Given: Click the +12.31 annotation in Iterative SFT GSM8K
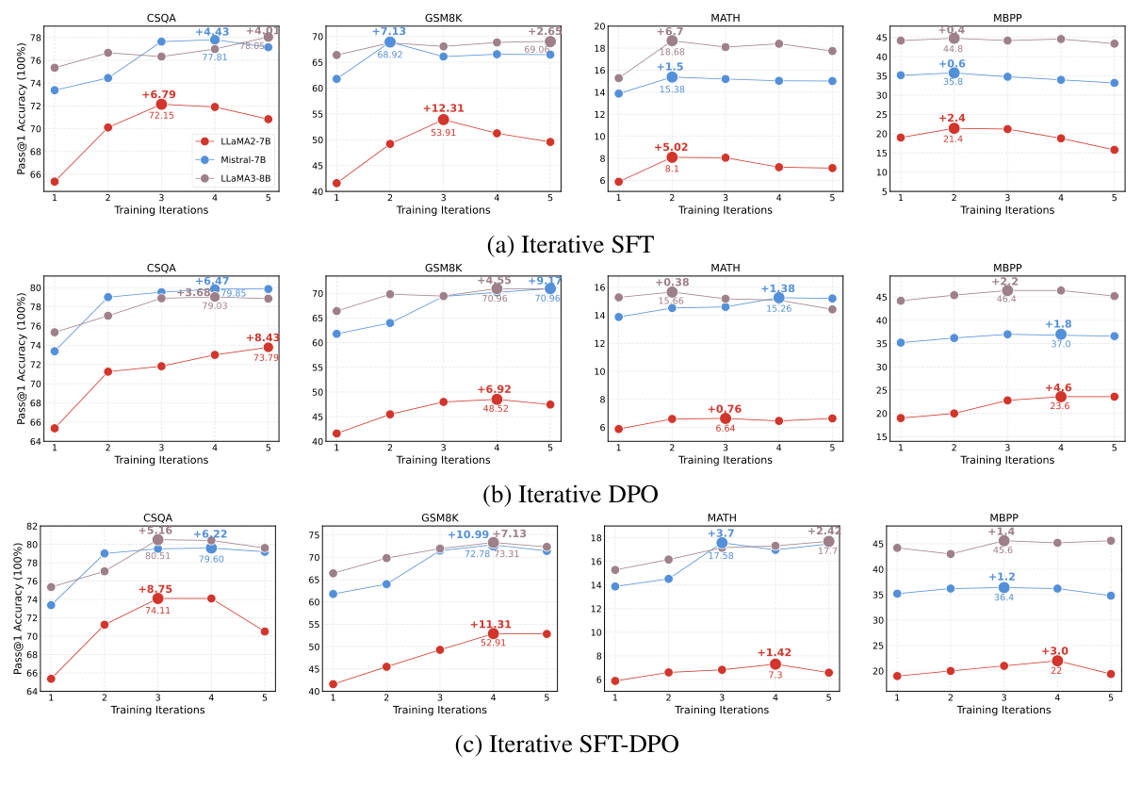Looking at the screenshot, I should coord(443,107).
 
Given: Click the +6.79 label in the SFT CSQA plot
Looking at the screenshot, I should coord(161,94).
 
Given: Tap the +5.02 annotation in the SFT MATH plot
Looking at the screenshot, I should coord(673,147).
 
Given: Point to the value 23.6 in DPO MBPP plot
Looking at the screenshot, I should coord(1060,406).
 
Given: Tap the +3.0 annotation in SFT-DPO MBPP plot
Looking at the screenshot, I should coord(1055,650).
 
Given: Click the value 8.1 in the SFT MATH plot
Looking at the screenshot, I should coord(672,169).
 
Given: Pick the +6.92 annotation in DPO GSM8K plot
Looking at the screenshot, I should coord(496,388).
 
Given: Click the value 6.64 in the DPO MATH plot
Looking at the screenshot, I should coord(725,429).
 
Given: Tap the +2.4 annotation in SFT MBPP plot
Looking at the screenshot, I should coord(954,118).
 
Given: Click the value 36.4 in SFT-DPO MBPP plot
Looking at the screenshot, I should coord(1003,598).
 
